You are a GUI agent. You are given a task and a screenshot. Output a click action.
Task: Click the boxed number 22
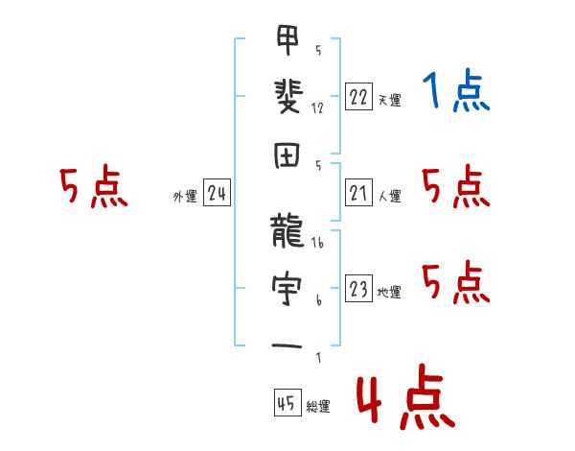click(358, 97)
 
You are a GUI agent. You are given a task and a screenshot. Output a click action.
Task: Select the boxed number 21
click(358, 194)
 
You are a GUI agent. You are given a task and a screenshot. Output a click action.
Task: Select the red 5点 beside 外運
click(93, 187)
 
